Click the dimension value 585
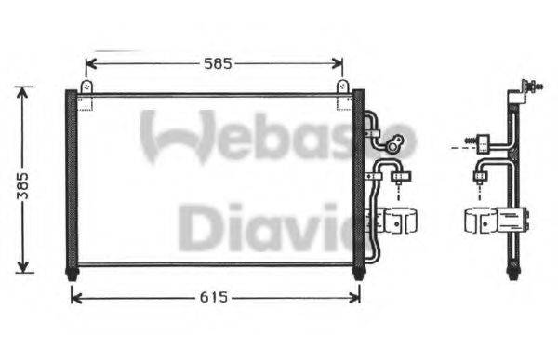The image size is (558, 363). pyautogui.click(x=217, y=63)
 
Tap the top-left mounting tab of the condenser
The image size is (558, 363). pyautogui.click(x=86, y=87)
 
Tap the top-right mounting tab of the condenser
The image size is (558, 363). pyautogui.click(x=342, y=87)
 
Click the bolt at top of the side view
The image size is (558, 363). pyautogui.click(x=534, y=87)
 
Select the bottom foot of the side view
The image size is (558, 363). pyautogui.click(x=511, y=272)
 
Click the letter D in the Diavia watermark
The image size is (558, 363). pyautogui.click(x=197, y=228)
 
